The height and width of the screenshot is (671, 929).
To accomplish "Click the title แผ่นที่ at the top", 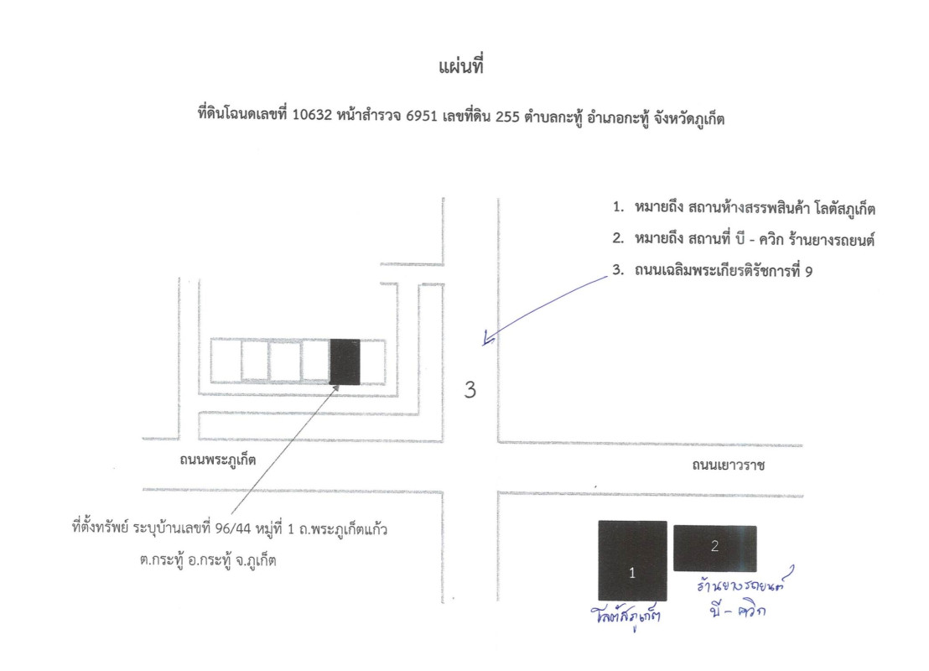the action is (x=461, y=65).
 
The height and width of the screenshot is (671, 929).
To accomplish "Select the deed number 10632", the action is (x=312, y=115).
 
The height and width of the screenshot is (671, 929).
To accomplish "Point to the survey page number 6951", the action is (x=421, y=116).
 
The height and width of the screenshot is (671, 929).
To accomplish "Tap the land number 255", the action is (x=507, y=117).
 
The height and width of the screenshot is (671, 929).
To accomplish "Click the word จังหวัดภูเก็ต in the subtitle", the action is (x=688, y=118).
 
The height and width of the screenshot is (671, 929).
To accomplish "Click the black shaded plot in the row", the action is (x=345, y=362).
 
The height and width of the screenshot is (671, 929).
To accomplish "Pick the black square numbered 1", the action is (x=632, y=561).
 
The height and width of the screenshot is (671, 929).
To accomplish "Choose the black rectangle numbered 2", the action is (x=714, y=549).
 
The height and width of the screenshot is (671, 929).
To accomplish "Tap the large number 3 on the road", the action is (x=470, y=389).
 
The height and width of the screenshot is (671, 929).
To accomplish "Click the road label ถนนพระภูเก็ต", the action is (x=217, y=460).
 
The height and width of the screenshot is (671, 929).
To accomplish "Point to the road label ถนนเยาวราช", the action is (x=728, y=466).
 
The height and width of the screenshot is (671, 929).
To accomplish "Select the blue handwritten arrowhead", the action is (x=488, y=340).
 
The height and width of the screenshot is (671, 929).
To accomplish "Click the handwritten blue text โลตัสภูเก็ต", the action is (x=625, y=616).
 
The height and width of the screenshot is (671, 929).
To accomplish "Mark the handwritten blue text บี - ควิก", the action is (x=737, y=609).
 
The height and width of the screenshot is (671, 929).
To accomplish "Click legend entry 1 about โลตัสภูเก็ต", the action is (x=744, y=208).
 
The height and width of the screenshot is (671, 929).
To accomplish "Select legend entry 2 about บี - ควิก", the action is (x=744, y=239).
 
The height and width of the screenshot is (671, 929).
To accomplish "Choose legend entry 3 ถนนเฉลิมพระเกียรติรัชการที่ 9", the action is (x=712, y=271).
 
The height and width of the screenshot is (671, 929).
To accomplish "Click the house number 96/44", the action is (x=233, y=528).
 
